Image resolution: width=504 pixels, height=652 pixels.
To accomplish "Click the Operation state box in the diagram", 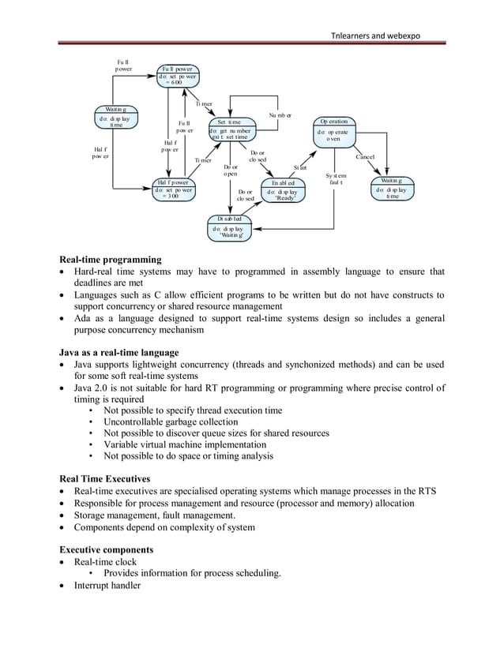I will click(334, 131).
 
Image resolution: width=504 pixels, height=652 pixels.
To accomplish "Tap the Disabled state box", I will click(231, 225).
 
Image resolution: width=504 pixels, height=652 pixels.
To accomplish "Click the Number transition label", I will click(280, 115).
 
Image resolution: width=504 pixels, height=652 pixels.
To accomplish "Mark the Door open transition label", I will click(231, 170).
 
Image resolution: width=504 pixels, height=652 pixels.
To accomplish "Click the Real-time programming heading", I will click(111, 259).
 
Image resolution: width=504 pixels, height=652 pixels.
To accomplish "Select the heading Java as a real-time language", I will click(119, 351).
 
